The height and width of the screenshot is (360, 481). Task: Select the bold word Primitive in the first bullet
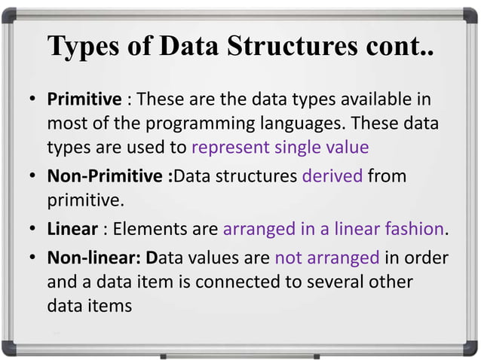pyautogui.click(x=84, y=99)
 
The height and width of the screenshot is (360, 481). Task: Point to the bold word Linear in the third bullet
pyautogui.click(x=72, y=229)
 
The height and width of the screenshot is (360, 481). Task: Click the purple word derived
pyautogui.click(x=332, y=177)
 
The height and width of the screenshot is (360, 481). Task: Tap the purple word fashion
pyautogui.click(x=418, y=229)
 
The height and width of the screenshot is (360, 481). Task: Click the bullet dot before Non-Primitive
pyautogui.click(x=34, y=177)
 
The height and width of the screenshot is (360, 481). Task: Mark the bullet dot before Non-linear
pyautogui.click(x=34, y=258)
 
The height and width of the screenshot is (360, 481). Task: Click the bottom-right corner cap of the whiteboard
pyautogui.click(x=472, y=348)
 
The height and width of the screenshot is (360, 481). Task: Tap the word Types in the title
pyautogui.click(x=82, y=46)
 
